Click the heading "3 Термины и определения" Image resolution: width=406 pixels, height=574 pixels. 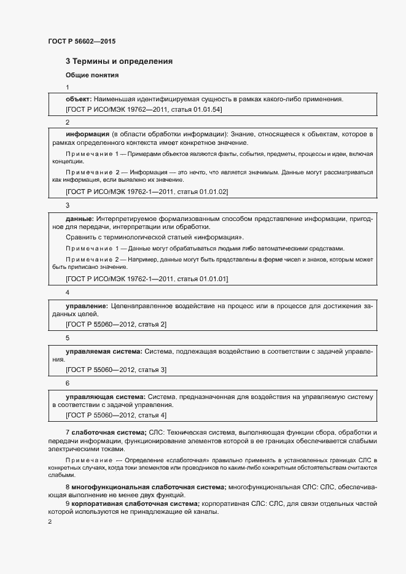click(x=119, y=61)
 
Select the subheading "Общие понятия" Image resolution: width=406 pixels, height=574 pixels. click(x=92, y=76)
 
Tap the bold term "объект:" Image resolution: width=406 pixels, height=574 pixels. click(x=79, y=99)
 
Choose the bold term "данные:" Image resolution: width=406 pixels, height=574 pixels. click(x=79, y=218)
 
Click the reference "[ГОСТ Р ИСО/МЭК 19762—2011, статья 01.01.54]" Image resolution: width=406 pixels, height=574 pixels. click(x=144, y=109)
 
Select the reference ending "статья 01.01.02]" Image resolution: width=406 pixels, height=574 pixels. click(x=147, y=192)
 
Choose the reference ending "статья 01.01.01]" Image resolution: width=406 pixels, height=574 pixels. click(x=147, y=279)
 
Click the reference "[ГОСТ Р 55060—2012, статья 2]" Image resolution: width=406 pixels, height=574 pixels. click(x=116, y=324)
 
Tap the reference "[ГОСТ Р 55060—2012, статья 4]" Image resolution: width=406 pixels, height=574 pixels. click(x=116, y=416)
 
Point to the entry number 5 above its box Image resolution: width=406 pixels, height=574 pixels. click(x=68, y=338)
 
